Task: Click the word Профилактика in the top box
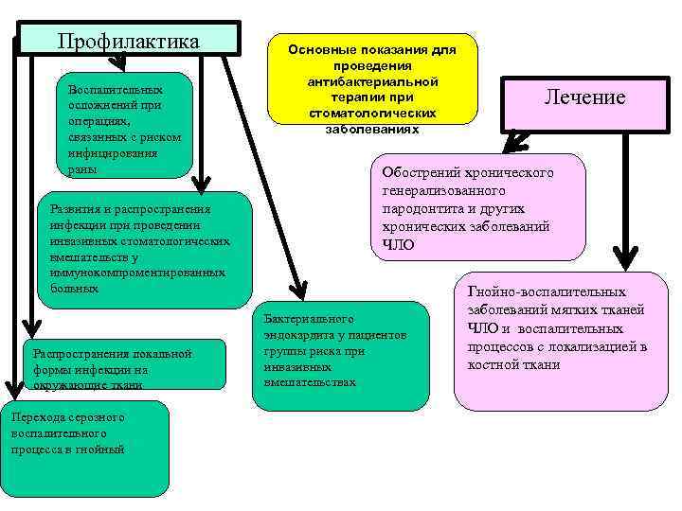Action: [x=128, y=42]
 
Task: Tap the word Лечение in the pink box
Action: [x=584, y=97]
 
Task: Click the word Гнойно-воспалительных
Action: [x=545, y=293]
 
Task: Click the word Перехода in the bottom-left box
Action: [x=36, y=417]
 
